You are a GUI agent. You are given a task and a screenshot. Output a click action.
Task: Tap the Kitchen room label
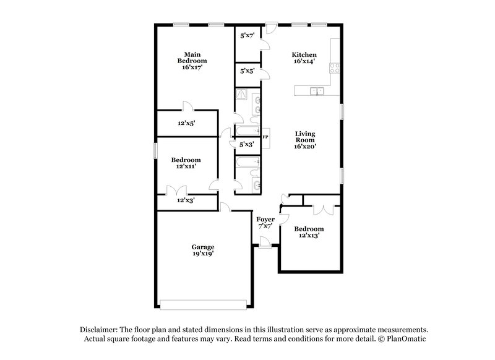pyautogui.click(x=304, y=55)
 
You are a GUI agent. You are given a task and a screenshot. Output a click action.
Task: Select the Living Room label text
pyautogui.click(x=305, y=137)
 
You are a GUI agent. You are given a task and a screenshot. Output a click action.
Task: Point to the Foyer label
pyautogui.click(x=265, y=220)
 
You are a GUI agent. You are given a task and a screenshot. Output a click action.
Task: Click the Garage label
pyautogui.click(x=203, y=247)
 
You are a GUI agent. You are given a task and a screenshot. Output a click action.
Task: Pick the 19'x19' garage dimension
pyautogui.click(x=203, y=254)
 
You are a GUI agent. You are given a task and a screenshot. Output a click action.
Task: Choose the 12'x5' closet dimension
pyautogui.click(x=186, y=123)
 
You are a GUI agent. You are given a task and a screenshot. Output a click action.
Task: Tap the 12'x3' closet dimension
pyautogui.click(x=186, y=200)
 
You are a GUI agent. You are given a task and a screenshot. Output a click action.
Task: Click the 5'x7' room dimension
pyautogui.click(x=247, y=35)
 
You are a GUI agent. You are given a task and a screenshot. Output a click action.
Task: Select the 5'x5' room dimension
pyautogui.click(x=247, y=71)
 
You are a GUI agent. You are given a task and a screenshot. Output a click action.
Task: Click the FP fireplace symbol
pyautogui.click(x=265, y=137)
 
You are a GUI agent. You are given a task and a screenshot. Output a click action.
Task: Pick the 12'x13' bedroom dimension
pyautogui.click(x=309, y=236)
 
